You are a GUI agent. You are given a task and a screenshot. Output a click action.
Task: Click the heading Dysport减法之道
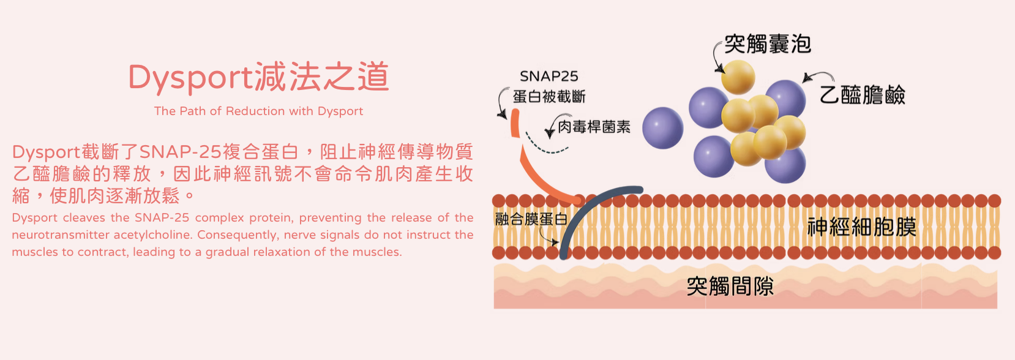point(258,77)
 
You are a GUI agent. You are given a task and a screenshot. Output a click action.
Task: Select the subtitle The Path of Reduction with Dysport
point(258,111)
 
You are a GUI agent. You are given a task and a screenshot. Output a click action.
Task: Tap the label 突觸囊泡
point(768,44)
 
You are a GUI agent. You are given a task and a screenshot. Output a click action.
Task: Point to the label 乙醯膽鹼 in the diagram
point(862,95)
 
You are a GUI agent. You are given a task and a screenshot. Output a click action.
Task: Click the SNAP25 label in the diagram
point(549,77)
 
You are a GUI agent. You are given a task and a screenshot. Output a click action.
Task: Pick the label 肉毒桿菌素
point(594,127)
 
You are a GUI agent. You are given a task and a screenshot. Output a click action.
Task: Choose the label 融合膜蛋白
point(531,219)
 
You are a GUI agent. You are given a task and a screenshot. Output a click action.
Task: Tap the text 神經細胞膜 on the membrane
point(861,227)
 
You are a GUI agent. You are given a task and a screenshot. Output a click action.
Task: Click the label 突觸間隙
point(730,286)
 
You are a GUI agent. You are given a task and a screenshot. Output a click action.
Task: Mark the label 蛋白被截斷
point(549,97)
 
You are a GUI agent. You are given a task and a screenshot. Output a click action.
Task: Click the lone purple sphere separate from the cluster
point(662,128)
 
